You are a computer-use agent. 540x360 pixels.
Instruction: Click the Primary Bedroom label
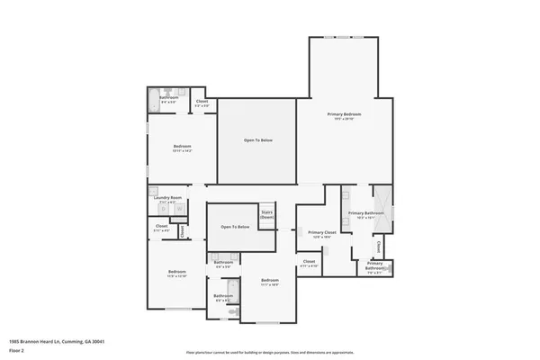(x=345, y=114)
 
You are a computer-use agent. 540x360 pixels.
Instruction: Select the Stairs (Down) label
(x=267, y=215)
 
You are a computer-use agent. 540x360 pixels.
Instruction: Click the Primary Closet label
(x=321, y=232)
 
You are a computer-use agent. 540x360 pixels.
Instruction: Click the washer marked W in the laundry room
(x=164, y=209)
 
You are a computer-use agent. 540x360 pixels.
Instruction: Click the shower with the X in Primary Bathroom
(x=380, y=196)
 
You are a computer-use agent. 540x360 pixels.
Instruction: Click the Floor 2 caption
(x=16, y=351)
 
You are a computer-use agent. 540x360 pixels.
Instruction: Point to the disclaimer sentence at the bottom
(x=271, y=352)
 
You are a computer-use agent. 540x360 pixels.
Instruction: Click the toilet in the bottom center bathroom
(x=231, y=310)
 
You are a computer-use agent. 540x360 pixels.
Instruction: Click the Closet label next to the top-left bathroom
(x=203, y=102)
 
